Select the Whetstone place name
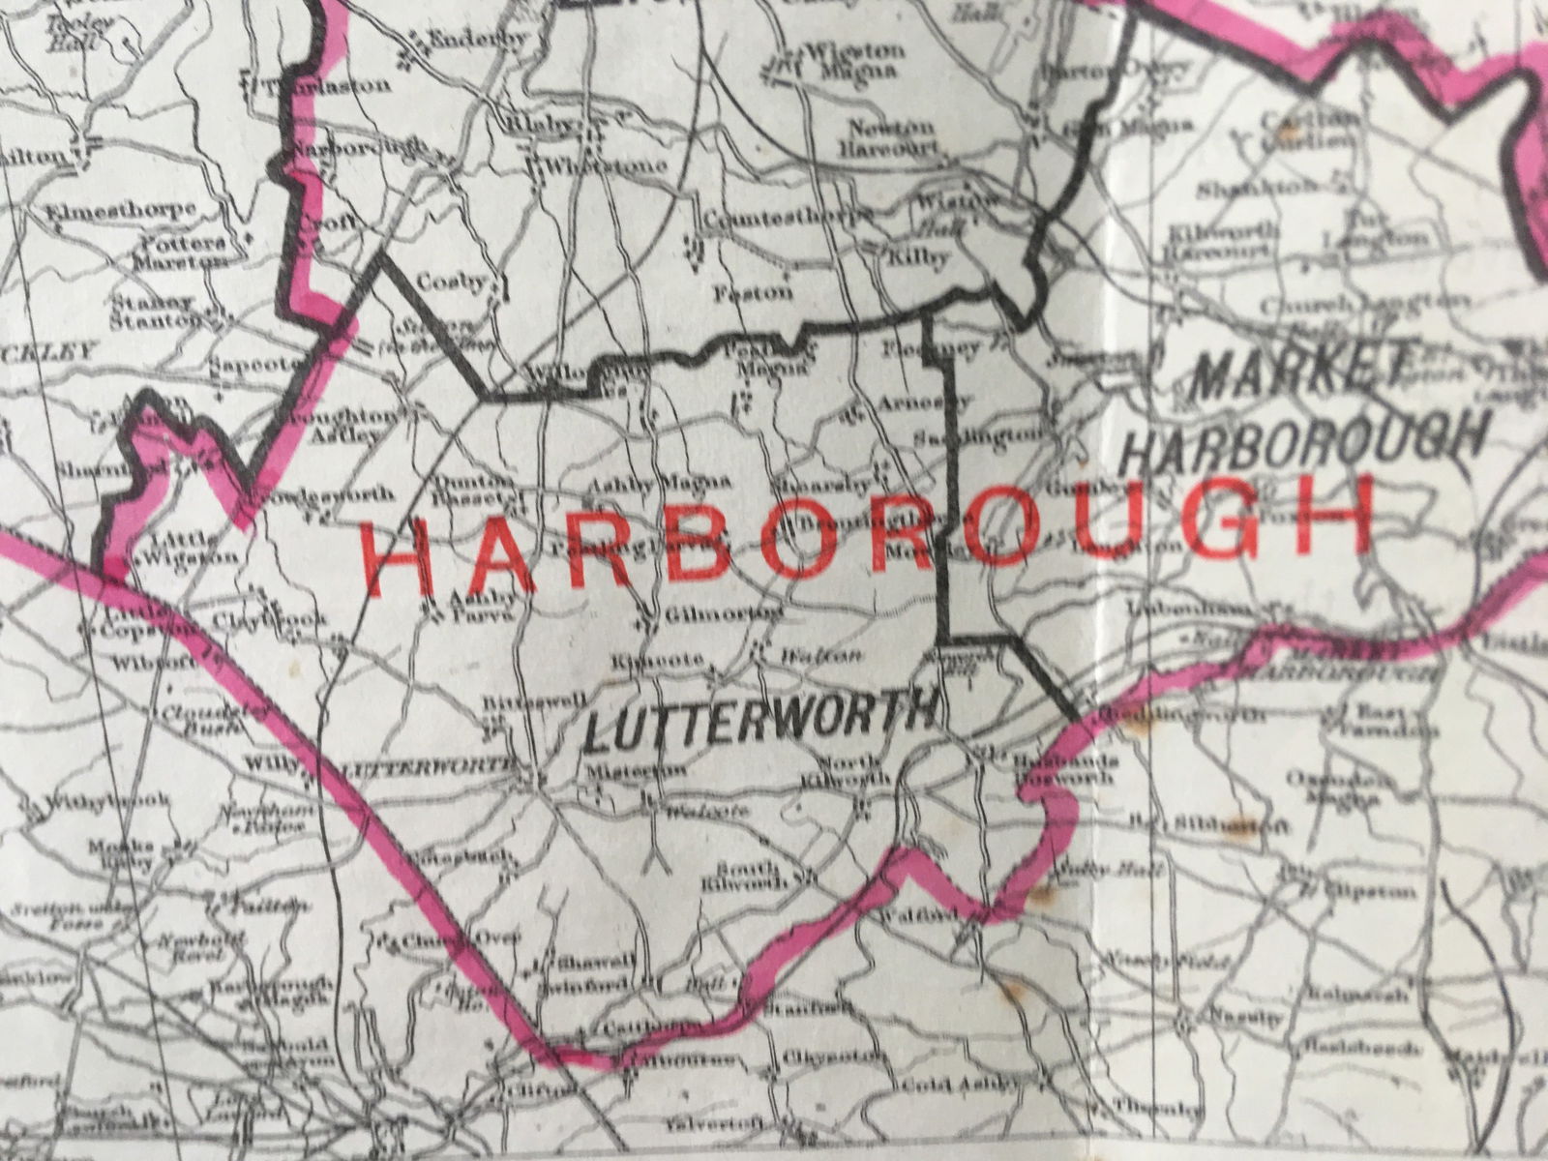pyautogui.click(x=606, y=166)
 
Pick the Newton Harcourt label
pyautogui.click(x=889, y=138)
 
